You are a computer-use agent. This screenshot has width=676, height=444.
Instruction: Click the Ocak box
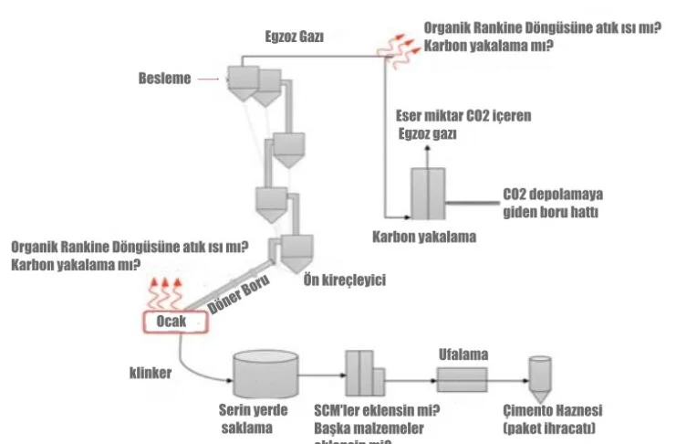click(171, 322)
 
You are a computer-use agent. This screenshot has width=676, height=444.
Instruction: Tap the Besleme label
click(164, 79)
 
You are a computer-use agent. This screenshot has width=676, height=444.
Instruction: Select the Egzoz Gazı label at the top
click(295, 37)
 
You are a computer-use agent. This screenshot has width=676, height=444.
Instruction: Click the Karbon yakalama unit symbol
click(425, 193)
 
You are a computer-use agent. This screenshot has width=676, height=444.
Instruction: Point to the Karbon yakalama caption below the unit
click(424, 236)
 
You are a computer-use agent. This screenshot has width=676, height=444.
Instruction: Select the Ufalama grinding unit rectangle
click(463, 376)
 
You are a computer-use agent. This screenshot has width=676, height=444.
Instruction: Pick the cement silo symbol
click(541, 373)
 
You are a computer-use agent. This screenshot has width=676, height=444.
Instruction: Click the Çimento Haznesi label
click(553, 411)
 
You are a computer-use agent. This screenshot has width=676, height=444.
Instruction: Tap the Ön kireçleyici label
click(344, 280)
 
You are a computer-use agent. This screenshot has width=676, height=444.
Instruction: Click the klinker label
click(145, 373)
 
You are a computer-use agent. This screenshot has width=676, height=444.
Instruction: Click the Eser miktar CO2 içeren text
click(463, 117)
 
